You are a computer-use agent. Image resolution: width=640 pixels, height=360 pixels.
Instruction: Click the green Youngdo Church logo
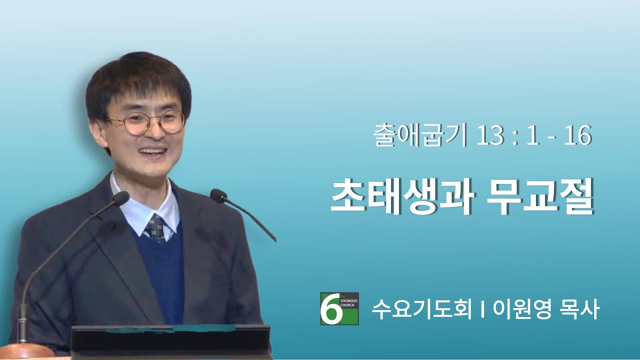(x=339, y=308)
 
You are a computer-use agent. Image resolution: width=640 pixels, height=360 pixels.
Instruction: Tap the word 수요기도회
(x=421, y=309)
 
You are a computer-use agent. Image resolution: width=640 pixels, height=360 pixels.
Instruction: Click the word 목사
(x=579, y=309)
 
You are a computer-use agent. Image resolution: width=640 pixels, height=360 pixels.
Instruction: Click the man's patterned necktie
(x=155, y=228)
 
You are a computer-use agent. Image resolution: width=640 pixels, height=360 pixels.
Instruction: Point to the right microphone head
(x=218, y=196)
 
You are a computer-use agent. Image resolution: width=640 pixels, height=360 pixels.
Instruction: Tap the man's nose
(x=156, y=132)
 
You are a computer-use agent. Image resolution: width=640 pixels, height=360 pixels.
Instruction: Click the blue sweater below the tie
(x=163, y=274)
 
